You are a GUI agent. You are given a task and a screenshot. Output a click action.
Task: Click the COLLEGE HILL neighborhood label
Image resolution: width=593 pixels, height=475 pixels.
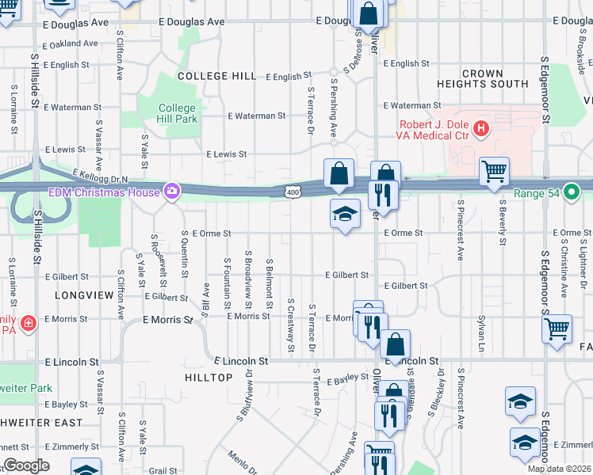point(216,76)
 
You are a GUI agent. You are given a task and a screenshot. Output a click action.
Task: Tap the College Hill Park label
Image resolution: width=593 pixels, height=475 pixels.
point(176,113)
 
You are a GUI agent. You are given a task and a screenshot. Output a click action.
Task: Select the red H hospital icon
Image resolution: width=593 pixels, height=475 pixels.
point(480,127)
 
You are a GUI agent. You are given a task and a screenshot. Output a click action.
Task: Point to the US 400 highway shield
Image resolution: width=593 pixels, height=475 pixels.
point(293,192)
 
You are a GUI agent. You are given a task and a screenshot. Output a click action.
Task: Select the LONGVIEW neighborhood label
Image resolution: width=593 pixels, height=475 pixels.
point(80,294)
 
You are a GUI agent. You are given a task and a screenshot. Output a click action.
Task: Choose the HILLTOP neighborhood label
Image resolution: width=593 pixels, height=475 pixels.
point(209,378)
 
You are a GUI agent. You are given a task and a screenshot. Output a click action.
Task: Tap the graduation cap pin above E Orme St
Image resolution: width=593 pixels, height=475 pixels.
point(345,214)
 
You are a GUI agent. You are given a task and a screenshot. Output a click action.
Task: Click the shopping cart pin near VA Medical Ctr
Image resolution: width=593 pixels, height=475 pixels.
point(494,170)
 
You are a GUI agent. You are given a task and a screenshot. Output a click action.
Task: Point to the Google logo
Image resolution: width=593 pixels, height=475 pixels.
point(26,465)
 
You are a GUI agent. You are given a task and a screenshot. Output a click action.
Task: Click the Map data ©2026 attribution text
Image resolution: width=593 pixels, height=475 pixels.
point(560,469)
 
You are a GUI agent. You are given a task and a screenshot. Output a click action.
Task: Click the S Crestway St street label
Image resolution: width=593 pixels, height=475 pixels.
point(291,325)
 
